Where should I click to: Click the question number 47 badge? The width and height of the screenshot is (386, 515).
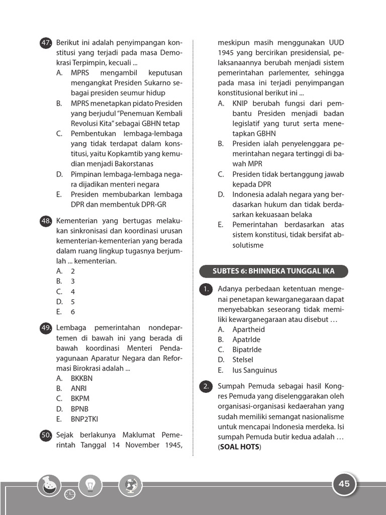[46, 43]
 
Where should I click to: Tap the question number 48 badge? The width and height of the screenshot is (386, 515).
[46, 221]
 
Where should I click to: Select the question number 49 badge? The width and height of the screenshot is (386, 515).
[46, 328]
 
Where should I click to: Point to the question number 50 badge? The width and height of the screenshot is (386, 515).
[46, 435]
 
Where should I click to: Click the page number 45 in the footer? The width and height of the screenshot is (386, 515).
[344, 484]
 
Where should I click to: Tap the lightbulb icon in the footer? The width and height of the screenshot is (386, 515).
[90, 485]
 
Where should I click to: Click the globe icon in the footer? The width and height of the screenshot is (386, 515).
[131, 485]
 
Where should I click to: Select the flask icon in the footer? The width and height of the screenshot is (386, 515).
[49, 485]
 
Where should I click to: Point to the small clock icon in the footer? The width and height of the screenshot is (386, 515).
[70, 495]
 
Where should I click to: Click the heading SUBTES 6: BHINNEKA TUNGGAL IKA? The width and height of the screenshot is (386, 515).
[273, 271]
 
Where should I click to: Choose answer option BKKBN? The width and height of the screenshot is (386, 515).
[82, 378]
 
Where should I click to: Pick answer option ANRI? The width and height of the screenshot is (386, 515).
[79, 388]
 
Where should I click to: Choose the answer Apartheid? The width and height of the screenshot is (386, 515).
[248, 329]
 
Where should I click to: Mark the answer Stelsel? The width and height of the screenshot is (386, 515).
[243, 360]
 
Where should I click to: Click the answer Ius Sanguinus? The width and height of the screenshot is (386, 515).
[255, 370]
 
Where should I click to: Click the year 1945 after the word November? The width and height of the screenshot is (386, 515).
[170, 445]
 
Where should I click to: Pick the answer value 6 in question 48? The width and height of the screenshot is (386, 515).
[73, 312]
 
